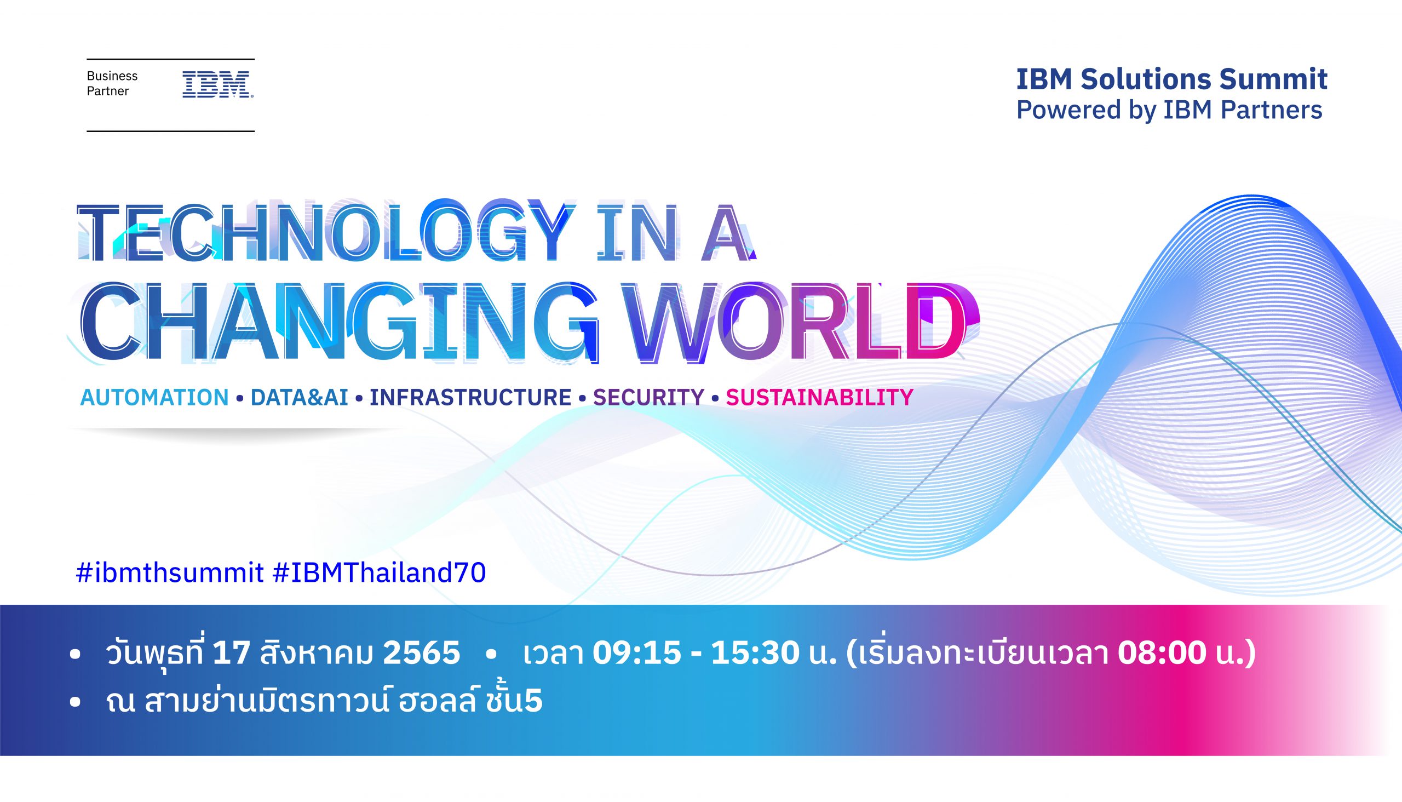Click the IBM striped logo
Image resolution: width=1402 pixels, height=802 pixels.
[217, 84]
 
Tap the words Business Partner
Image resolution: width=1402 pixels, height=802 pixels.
[112, 83]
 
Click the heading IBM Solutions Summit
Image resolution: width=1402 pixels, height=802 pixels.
[1171, 79]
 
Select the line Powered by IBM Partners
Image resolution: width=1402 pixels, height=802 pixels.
[1169, 110]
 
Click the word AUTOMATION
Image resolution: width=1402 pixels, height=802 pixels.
[154, 397]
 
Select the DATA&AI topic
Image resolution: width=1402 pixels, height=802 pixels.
[299, 397]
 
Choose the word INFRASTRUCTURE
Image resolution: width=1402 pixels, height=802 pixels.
[470, 397]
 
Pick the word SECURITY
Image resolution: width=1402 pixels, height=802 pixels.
[648, 397]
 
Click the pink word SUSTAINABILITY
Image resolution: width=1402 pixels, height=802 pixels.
[819, 397]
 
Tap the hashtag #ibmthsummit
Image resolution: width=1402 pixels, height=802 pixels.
[170, 573]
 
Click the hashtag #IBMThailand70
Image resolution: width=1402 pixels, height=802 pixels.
[380, 573]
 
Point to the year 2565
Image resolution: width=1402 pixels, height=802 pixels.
[421, 654]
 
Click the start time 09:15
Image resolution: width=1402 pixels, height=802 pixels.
[636, 654]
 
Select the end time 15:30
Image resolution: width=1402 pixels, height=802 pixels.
[755, 654]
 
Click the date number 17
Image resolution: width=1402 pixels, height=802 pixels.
[231, 654]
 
